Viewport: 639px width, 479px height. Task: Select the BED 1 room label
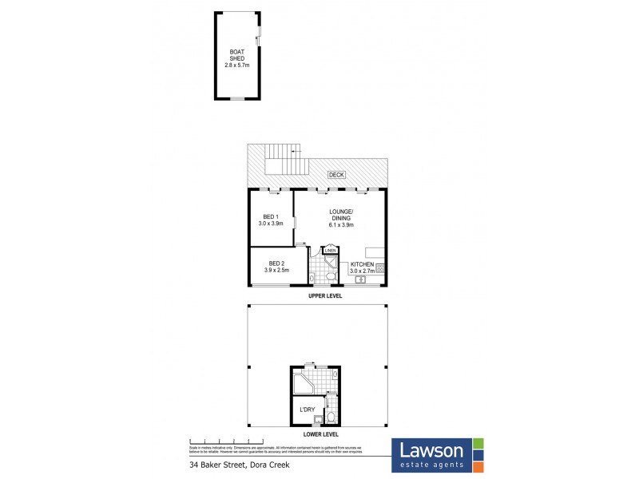coord(270,216)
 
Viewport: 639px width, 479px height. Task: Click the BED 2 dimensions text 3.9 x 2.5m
coord(277,270)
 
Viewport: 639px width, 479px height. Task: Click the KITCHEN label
coord(362,264)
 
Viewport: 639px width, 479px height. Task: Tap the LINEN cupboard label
coord(330,251)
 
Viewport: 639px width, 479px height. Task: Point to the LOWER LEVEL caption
coord(319,434)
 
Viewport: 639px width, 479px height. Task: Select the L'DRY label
coord(307,410)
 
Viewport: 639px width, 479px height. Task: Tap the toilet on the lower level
coord(331,415)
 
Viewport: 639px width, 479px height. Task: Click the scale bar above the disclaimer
coord(227,441)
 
